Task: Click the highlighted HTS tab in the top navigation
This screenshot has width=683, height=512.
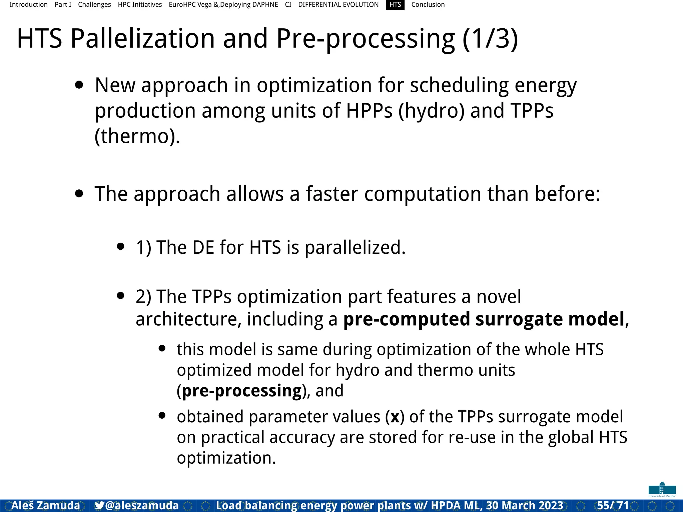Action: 395,5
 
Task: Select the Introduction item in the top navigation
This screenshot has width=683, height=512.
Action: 28,5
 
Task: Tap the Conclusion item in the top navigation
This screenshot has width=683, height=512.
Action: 428,5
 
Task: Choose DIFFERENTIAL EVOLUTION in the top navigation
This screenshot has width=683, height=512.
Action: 338,5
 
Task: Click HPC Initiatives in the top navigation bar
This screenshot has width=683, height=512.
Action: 140,5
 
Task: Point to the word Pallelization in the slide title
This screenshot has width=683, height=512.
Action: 142,38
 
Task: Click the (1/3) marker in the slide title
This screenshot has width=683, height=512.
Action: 490,38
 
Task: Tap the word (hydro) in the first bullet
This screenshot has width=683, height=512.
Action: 431,111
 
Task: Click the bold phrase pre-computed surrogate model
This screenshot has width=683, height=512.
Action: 484,319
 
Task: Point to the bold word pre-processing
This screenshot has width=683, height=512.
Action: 242,391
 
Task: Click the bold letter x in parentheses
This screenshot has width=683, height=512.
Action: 395,417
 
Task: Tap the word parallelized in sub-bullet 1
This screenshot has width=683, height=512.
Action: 355,247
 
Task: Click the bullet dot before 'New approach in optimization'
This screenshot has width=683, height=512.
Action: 79,85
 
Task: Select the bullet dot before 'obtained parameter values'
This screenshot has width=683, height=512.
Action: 162,415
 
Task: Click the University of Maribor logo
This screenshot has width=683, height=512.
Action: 662,489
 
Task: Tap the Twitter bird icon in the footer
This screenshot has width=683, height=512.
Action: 99,505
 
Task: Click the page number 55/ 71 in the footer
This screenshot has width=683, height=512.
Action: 613,505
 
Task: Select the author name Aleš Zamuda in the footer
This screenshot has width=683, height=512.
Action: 46,505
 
